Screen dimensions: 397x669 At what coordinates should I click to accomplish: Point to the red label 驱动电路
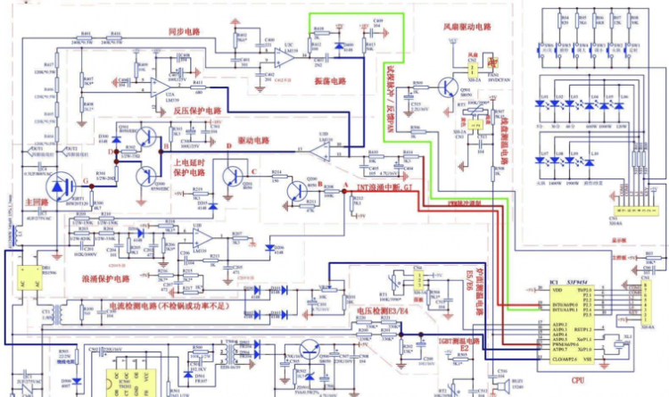pos(254,140)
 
